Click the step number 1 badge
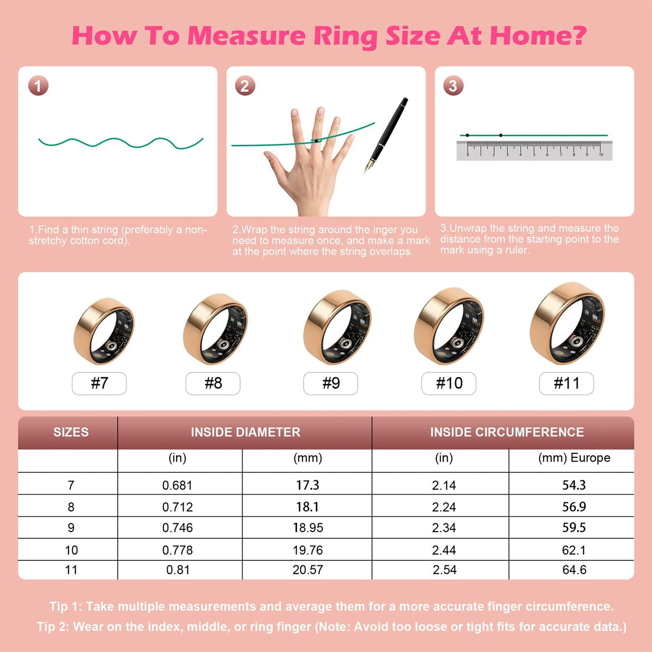tap(38, 86)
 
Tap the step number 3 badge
tap(453, 86)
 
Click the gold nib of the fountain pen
tap(368, 166)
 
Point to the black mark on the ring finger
tap(316, 141)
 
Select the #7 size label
tap(99, 383)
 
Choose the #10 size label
tap(448, 383)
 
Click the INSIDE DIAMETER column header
tap(245, 432)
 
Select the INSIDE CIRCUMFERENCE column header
tap(507, 432)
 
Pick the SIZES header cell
tap(71, 432)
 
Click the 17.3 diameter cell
tap(307, 485)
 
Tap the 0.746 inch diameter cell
tap(177, 528)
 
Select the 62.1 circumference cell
tap(574, 550)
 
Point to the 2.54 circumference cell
tap(444, 570)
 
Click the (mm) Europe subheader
tap(574, 458)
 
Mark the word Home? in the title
tap(538, 35)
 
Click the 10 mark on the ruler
tap(601, 155)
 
